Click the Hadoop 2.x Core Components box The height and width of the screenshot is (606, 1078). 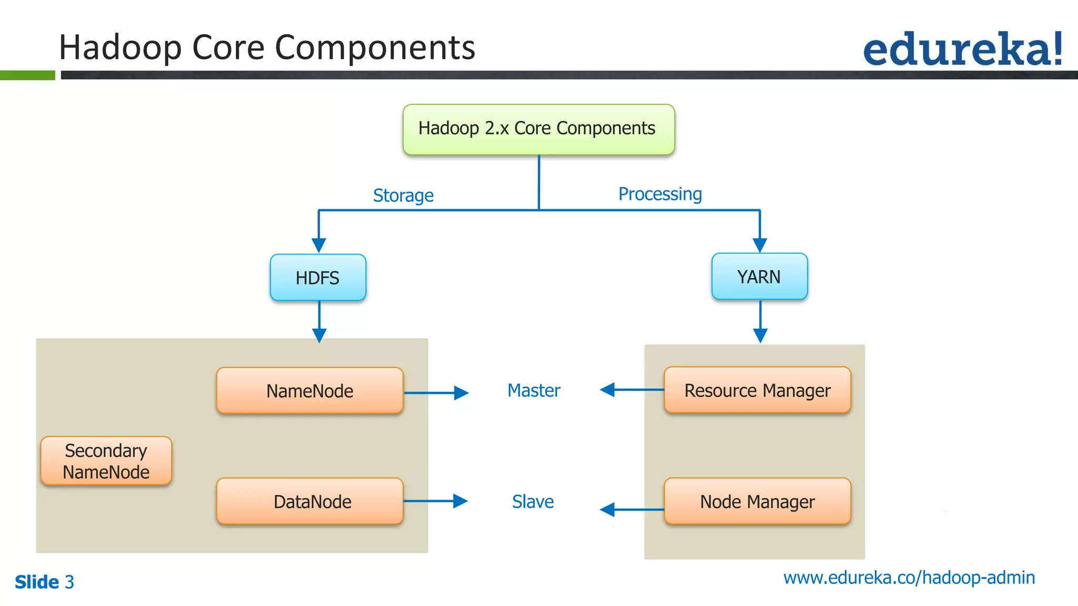538,129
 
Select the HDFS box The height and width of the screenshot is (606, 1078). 317,278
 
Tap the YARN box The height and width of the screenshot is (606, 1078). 759,277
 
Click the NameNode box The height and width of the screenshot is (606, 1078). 310,391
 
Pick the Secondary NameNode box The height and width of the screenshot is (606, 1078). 106,461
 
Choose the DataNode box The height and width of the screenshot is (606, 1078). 310,501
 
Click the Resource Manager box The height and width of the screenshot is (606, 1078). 757,390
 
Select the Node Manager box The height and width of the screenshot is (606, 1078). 757,501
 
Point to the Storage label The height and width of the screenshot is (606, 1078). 403,196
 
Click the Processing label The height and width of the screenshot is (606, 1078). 660,194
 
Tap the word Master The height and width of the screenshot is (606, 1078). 534,390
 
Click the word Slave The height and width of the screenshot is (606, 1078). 533,501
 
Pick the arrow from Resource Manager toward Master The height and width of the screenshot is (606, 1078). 632,390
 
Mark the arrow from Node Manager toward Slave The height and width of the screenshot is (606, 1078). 632,509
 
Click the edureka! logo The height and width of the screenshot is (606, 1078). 962,49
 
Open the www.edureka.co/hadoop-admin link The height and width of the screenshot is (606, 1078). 909,578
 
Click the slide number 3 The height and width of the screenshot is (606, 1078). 69,582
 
